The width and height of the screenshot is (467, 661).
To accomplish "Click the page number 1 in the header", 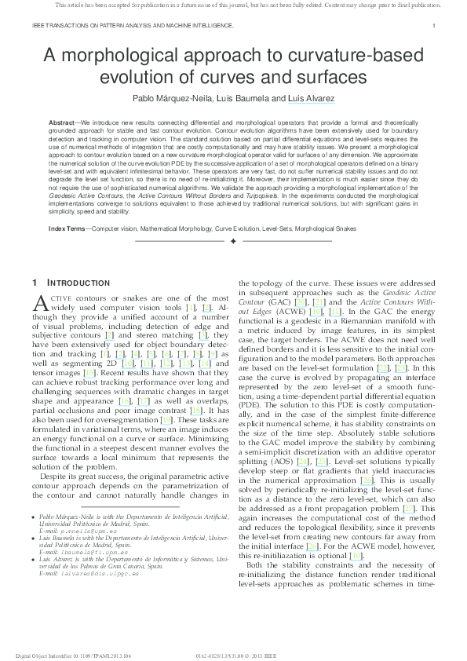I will point(434,26).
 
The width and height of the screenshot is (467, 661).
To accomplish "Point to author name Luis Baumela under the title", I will point(236,99).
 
